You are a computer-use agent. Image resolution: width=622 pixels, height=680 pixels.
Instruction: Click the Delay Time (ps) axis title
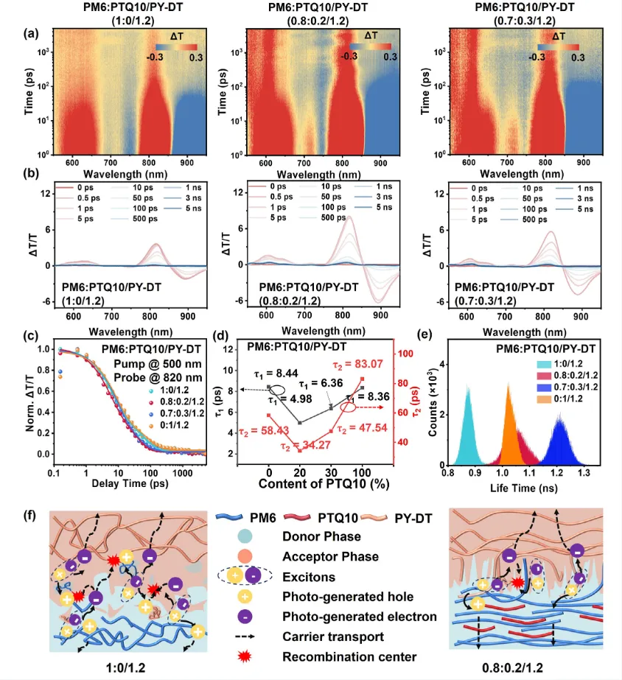(x=116, y=483)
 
